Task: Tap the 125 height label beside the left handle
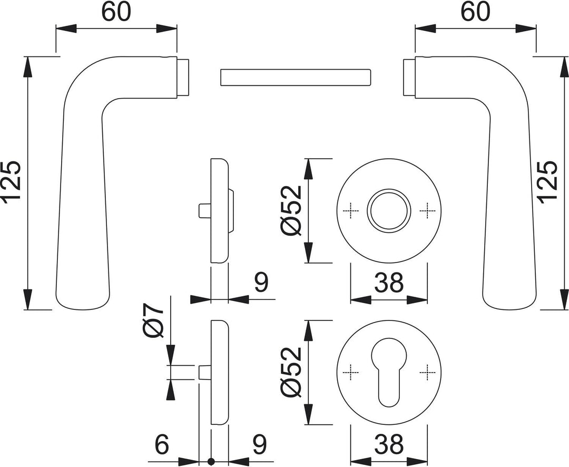[12, 182]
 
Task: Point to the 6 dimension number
[162, 445]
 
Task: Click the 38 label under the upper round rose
[389, 283]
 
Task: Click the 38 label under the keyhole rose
[389, 445]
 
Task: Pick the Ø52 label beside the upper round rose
[291, 210]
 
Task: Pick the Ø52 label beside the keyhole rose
[291, 373]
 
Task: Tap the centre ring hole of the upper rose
[389, 209]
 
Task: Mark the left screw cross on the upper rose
[351, 211]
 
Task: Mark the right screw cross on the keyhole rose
[427, 373]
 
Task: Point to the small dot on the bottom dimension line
[211, 462]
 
